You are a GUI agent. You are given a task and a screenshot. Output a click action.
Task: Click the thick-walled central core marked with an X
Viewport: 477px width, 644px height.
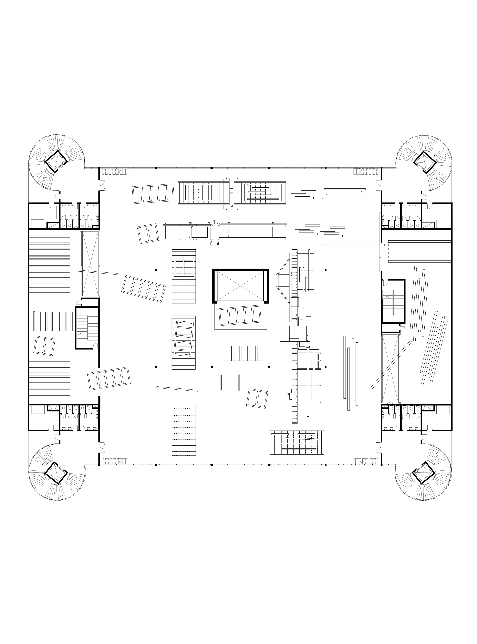click(x=240, y=286)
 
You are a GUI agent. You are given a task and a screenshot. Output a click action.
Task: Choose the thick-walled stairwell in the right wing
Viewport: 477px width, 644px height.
click(x=393, y=301)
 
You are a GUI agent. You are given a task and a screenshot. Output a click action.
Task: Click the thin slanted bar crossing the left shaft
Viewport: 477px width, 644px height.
click(x=97, y=272)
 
